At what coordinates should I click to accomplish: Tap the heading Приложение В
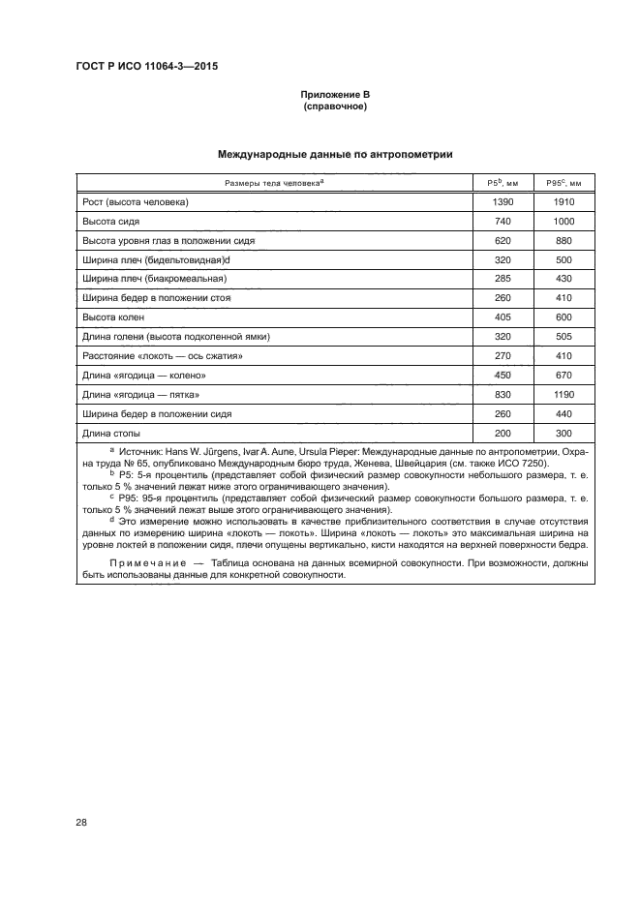[334, 95]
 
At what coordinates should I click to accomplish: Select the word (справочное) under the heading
[334, 106]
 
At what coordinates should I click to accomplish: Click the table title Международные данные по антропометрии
[334, 154]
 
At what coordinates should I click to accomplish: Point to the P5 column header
[503, 183]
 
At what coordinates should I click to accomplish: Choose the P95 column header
[564, 183]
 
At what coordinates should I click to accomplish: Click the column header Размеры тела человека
[274, 183]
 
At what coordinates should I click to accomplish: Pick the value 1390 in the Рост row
[503, 202]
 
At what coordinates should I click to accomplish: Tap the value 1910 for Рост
[564, 202]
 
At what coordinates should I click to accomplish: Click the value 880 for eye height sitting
[564, 241]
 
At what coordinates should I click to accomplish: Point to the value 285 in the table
[503, 279]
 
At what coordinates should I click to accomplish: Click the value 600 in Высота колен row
[564, 317]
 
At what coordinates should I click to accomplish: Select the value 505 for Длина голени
[564, 337]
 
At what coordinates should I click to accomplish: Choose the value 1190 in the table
[564, 394]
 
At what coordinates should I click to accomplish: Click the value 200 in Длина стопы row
[503, 433]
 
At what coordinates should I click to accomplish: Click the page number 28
[80, 823]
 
